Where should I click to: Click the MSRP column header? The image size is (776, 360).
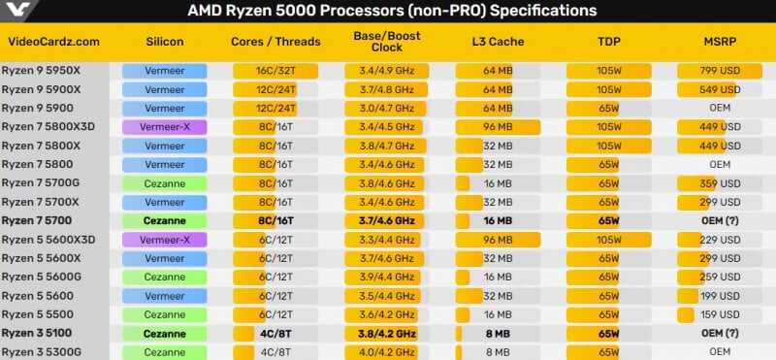click(720, 42)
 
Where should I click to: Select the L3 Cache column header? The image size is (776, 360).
click(498, 42)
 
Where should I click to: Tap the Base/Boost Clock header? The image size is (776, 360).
click(387, 42)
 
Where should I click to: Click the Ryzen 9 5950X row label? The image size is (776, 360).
click(41, 71)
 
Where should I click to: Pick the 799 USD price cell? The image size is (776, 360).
click(720, 71)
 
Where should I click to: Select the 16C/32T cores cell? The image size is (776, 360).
click(275, 71)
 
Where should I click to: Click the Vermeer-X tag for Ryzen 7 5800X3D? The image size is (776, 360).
click(164, 127)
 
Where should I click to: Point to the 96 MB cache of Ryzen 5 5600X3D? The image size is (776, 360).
click(498, 241)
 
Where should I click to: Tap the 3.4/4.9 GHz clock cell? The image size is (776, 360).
click(386, 71)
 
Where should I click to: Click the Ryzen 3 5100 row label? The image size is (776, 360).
click(37, 333)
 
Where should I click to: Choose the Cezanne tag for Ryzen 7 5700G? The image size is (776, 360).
click(164, 183)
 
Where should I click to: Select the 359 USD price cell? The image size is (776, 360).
click(720, 183)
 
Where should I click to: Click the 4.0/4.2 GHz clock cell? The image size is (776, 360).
click(386, 352)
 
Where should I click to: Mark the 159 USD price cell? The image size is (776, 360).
click(720, 314)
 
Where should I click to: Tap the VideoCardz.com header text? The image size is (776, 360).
click(54, 42)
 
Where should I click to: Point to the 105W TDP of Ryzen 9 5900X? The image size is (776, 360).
click(609, 89)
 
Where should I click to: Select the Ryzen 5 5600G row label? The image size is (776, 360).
click(41, 277)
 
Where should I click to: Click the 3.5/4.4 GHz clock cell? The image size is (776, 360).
click(386, 296)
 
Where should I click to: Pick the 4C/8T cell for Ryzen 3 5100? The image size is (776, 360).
click(275, 333)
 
